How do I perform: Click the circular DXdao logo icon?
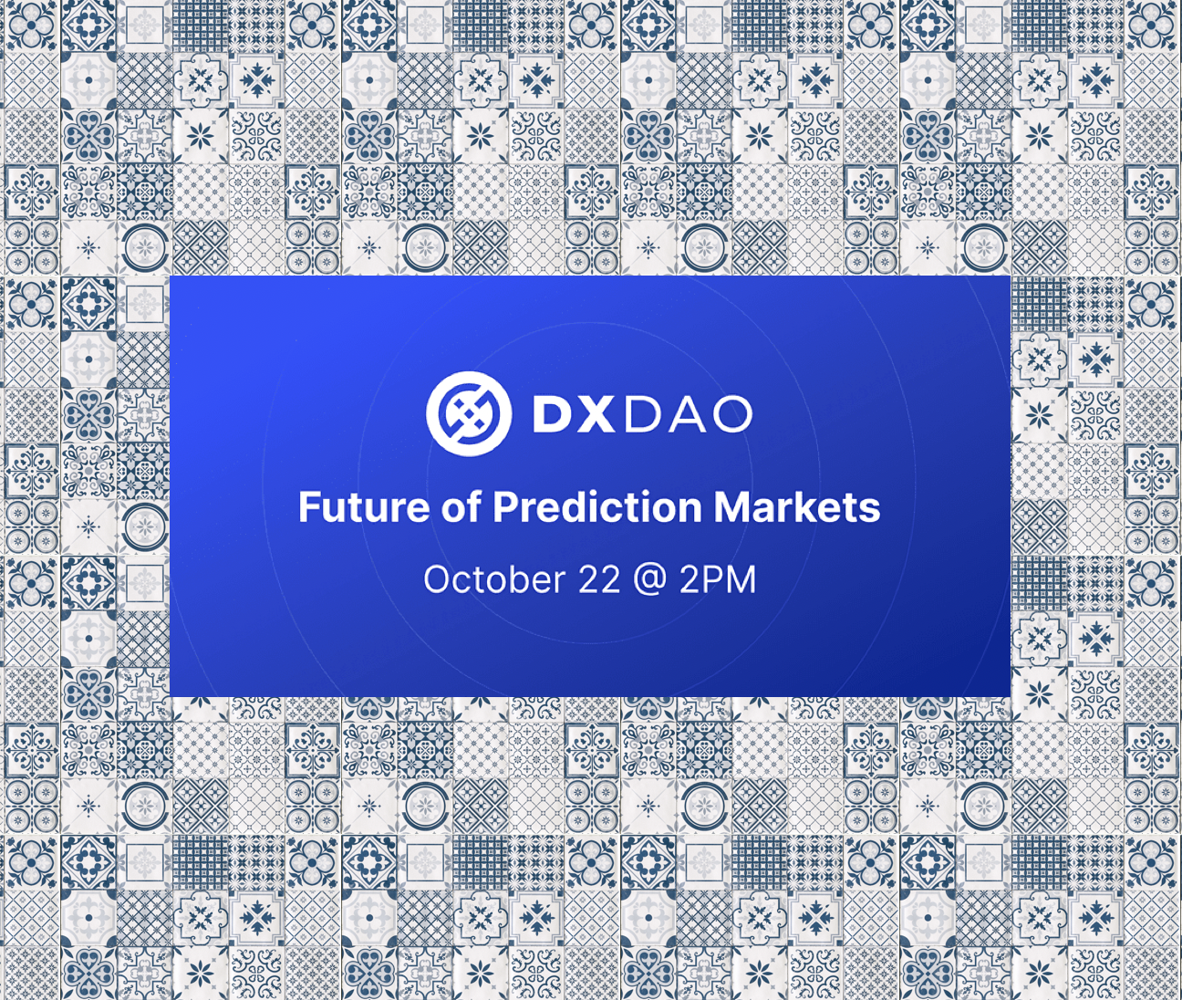468,413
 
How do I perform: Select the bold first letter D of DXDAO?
552,414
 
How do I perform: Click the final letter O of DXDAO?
730,414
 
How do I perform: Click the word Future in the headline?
363,507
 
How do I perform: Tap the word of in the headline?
461,507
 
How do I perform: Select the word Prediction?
596,507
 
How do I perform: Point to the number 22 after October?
598,580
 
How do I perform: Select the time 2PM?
718,580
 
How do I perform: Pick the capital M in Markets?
732,507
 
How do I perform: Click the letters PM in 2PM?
730,580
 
